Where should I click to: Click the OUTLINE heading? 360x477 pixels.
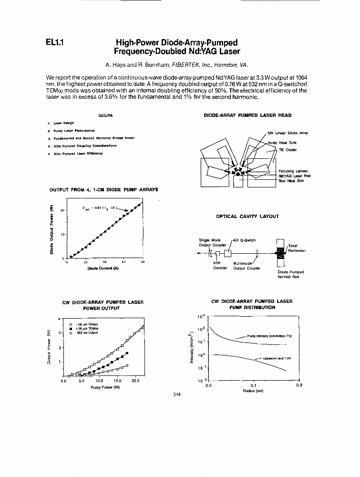click(105, 115)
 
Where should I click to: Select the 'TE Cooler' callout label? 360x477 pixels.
click(288, 150)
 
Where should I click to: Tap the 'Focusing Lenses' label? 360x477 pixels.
click(293, 171)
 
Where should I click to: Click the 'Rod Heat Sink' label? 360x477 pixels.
click(291, 180)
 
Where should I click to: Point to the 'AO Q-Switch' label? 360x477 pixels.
click(244, 240)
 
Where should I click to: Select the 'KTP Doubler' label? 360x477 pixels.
click(219, 265)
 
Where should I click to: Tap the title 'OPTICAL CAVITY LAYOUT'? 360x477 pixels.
click(247, 216)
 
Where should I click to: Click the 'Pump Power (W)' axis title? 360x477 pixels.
click(105, 387)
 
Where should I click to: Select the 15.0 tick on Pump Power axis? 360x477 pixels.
click(117, 381)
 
